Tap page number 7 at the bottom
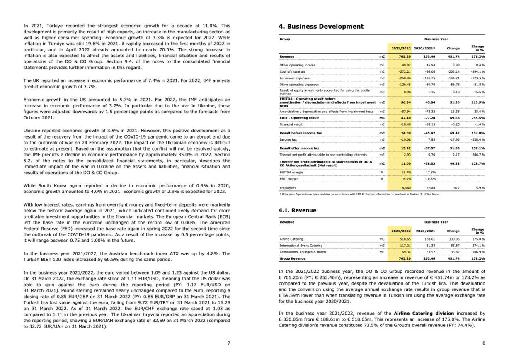pos(229,343)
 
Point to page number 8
pos(484,343)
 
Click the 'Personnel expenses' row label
pos(295,78)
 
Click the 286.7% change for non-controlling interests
pos(477,155)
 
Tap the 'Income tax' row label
pos(288,140)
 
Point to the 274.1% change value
pos(477,246)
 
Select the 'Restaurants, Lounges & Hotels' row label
pos(303,252)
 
